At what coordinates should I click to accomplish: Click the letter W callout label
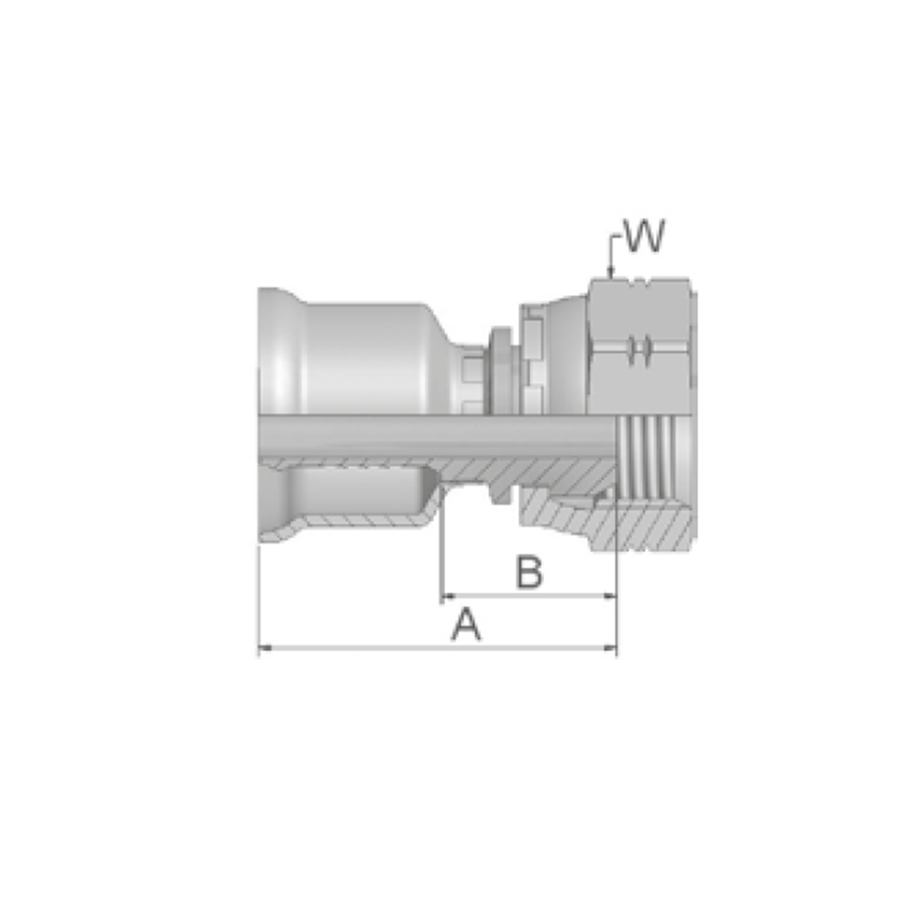tap(645, 236)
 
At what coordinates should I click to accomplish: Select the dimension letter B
tap(528, 572)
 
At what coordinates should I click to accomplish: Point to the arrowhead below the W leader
tap(611, 272)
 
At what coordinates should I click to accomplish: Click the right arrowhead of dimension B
tap(609, 596)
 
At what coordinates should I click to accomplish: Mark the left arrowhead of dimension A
tap(266, 648)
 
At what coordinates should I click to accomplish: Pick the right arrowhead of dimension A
tap(609, 648)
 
